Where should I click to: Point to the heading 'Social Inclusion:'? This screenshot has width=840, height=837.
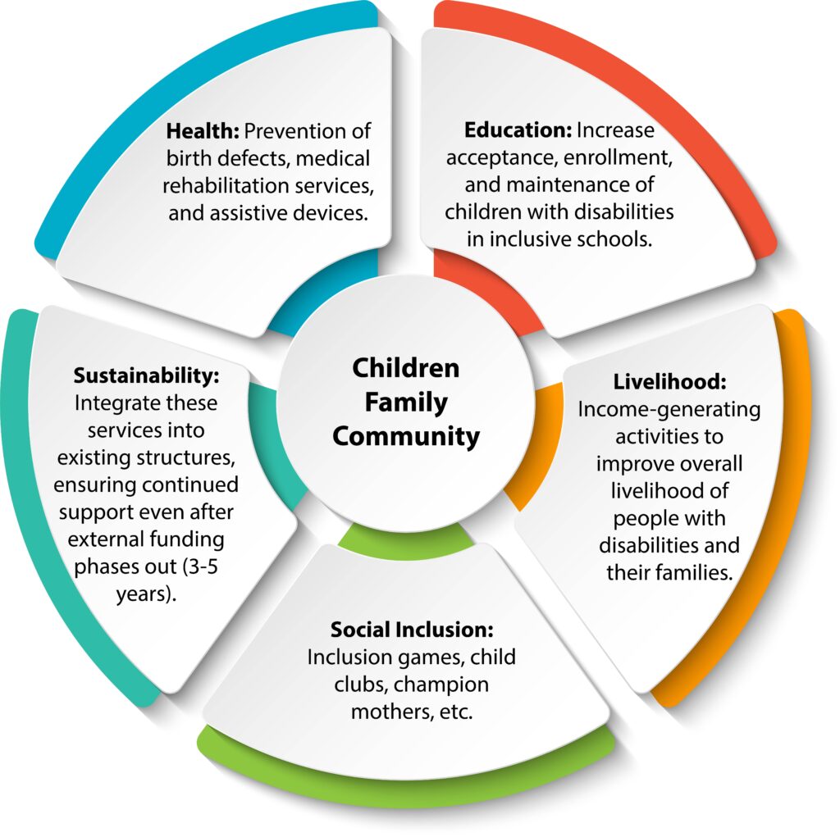(412, 630)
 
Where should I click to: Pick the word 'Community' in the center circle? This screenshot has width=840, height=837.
(406, 437)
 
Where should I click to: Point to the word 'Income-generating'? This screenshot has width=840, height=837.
(669, 409)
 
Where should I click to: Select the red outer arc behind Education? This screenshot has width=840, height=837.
(656, 82)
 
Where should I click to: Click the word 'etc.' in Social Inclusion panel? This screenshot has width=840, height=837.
(455, 711)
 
